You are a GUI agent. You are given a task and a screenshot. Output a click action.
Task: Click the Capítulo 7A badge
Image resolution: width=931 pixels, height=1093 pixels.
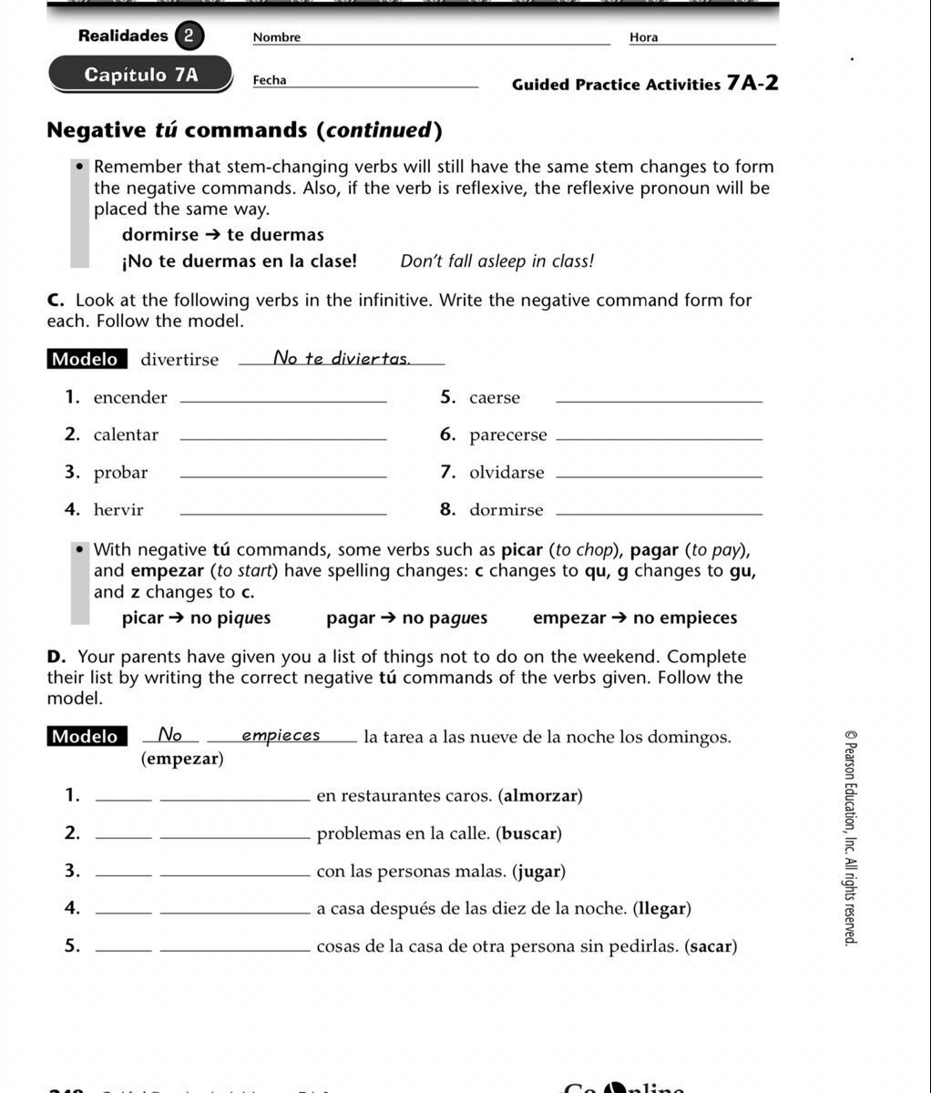point(140,75)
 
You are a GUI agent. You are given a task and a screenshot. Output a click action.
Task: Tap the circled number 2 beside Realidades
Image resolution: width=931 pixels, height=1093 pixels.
point(189,36)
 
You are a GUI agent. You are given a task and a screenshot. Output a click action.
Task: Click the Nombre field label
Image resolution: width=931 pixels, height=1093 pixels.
point(276,37)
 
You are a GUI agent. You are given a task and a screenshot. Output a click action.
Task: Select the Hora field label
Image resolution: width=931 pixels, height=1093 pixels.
point(643,37)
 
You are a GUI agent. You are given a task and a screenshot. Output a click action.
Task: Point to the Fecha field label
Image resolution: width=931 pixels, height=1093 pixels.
point(270,80)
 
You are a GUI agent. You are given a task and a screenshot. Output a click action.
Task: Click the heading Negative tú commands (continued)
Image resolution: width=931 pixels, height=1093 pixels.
point(244,130)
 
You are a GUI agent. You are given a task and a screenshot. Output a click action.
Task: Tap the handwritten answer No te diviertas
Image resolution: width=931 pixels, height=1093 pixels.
point(342,358)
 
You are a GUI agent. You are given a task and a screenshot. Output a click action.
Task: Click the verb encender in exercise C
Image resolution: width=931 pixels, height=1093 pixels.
point(130,398)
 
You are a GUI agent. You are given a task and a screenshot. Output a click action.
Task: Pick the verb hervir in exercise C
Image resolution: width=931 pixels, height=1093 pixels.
point(118,510)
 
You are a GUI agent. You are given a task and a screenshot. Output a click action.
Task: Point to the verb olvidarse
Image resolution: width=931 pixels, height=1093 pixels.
point(506,473)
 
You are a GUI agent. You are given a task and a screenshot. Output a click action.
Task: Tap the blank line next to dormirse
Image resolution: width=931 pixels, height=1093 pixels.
point(658,513)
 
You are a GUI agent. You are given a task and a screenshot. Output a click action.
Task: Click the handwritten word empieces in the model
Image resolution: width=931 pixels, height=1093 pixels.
point(281,735)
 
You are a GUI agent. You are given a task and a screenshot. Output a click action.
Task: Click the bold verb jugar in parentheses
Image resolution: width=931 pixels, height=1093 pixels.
point(538,872)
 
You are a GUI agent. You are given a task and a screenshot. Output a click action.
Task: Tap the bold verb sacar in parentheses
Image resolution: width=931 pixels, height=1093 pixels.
point(711,946)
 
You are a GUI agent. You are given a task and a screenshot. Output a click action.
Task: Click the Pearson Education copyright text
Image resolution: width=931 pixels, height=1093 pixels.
point(850,838)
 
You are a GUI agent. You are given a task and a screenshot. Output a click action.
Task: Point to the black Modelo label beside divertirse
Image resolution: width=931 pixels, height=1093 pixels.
point(85,359)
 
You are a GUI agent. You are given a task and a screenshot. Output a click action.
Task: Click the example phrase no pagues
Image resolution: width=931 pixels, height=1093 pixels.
point(445,618)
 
